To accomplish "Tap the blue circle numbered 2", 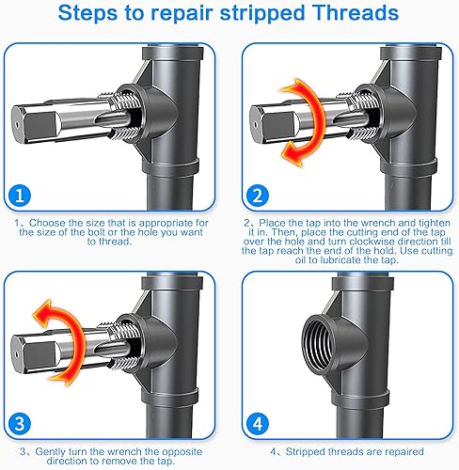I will pyautogui.click(x=257, y=196).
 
